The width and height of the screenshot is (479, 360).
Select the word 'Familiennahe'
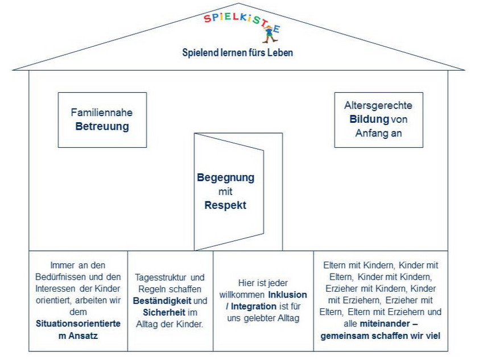coord(102,113)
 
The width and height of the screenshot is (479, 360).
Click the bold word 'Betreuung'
coord(102,126)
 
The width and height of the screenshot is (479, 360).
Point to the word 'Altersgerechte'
coord(378,105)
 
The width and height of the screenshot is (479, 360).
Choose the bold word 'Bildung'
coord(369,119)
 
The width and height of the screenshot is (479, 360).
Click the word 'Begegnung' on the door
coord(226,177)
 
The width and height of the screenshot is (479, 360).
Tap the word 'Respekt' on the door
coord(225,205)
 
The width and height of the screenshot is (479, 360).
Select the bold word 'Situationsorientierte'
coord(78,324)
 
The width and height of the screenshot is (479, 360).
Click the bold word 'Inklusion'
coord(288,295)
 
